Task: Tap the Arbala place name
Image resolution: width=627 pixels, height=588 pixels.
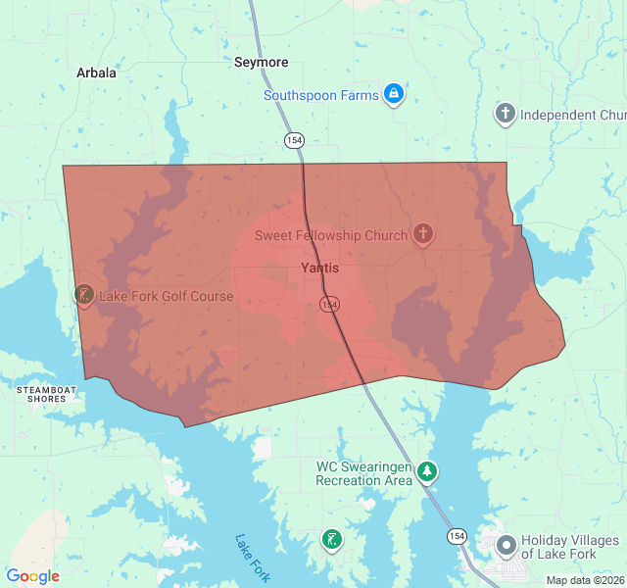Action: click(x=96, y=73)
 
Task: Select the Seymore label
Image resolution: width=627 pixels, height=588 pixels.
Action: click(x=262, y=63)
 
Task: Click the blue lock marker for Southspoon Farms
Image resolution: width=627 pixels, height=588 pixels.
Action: click(x=393, y=94)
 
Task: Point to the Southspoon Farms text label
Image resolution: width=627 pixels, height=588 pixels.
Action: click(x=320, y=95)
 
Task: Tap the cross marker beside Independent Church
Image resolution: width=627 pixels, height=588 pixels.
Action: click(x=505, y=114)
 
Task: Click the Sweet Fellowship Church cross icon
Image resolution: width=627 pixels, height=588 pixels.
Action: click(x=422, y=234)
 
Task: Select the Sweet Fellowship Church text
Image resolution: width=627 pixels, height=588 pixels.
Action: click(x=331, y=235)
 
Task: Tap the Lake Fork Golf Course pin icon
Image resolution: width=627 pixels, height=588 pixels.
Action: click(x=84, y=294)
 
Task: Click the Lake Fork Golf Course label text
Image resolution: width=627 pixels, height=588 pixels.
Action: click(x=166, y=296)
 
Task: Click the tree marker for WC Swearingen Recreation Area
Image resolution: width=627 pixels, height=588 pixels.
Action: click(x=427, y=472)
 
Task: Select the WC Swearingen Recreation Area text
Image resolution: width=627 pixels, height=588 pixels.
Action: click(x=363, y=473)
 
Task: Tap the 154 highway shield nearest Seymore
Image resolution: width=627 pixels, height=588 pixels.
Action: click(x=294, y=141)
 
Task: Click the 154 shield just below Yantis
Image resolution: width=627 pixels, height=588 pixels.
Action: click(x=329, y=305)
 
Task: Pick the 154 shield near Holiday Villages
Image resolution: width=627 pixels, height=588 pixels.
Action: click(x=457, y=536)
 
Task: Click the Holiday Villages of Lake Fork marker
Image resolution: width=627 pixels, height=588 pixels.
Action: click(x=506, y=545)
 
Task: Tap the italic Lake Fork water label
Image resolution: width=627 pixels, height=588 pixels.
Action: click(x=252, y=557)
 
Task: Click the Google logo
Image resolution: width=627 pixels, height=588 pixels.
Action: click(x=32, y=576)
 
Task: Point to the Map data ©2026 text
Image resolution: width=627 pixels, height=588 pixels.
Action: click(x=585, y=580)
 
